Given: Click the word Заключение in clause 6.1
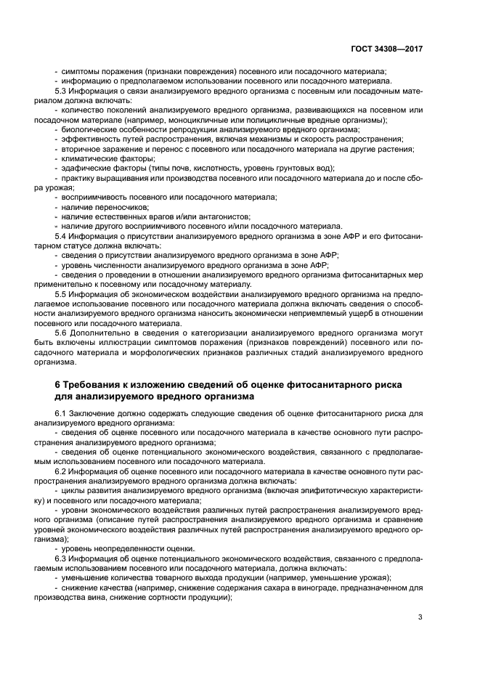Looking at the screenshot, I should [x=97, y=413].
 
